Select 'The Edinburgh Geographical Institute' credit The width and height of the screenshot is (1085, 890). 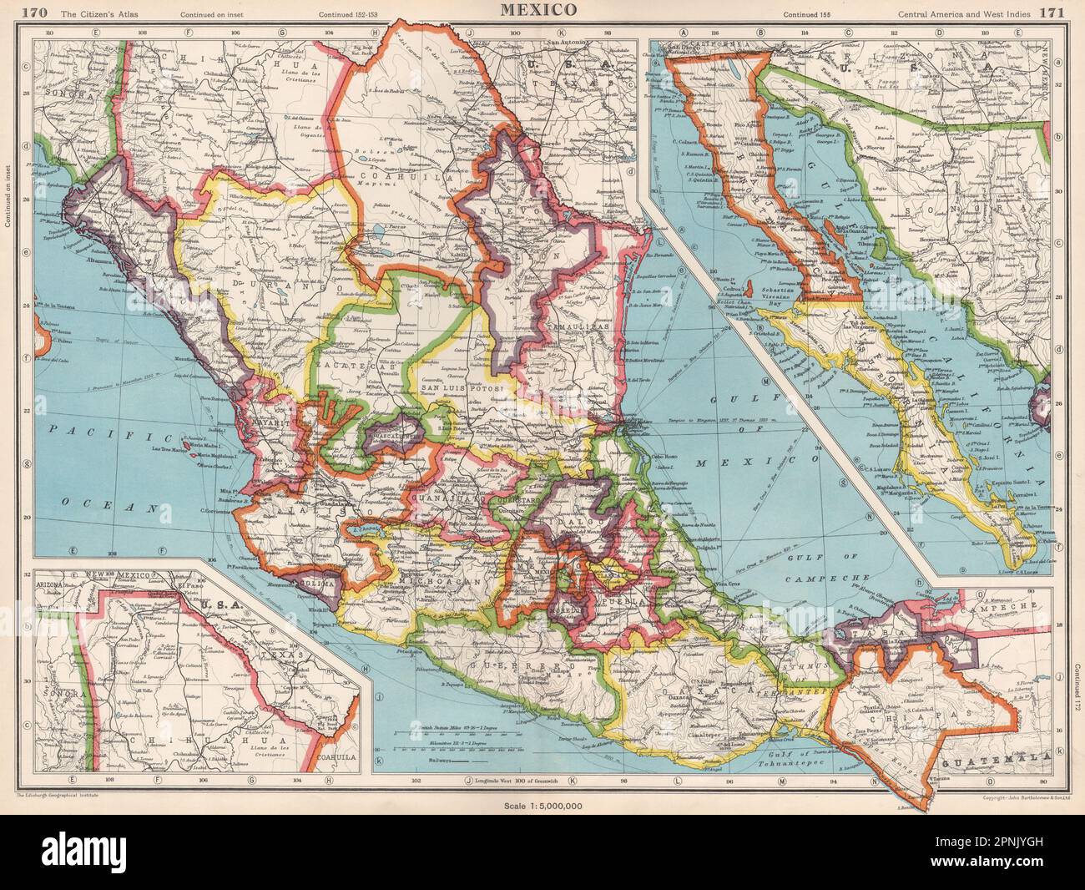coord(58,796)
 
